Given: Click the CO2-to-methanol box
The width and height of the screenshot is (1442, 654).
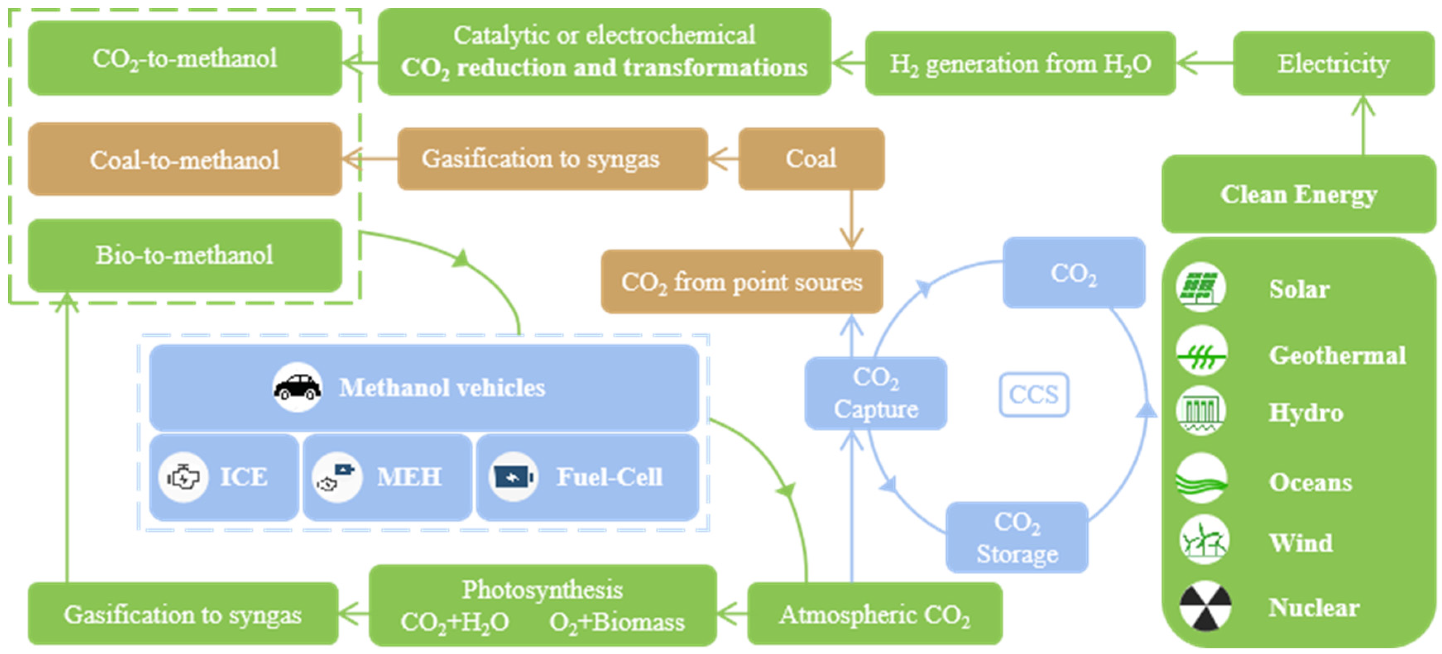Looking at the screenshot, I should click(x=185, y=58).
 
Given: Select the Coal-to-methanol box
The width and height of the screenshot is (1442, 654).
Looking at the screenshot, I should click(x=185, y=160).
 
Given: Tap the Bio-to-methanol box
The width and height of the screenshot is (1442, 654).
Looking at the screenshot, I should click(x=185, y=255).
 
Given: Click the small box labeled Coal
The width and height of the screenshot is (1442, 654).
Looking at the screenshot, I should click(x=811, y=159).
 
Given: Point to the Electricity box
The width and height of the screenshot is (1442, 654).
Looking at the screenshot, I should click(x=1333, y=63).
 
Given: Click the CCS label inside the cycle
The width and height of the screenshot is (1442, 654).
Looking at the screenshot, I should click(x=1033, y=395).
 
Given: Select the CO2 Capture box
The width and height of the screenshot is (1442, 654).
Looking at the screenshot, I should click(x=875, y=393).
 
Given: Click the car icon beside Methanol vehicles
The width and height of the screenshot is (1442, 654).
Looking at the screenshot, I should click(x=297, y=387).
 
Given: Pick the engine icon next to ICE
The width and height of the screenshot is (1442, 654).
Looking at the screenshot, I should click(x=183, y=477).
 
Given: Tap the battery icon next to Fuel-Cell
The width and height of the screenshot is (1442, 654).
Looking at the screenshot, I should click(x=513, y=477).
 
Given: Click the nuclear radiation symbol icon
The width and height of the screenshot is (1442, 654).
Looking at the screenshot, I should click(x=1205, y=607).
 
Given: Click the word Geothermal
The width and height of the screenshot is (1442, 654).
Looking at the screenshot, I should click(x=1337, y=355).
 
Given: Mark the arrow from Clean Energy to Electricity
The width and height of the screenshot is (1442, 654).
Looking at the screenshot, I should click(x=1363, y=126).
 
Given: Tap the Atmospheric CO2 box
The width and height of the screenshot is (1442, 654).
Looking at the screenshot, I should click(x=874, y=614).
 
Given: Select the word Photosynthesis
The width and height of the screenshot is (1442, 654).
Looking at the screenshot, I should click(x=542, y=590).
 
